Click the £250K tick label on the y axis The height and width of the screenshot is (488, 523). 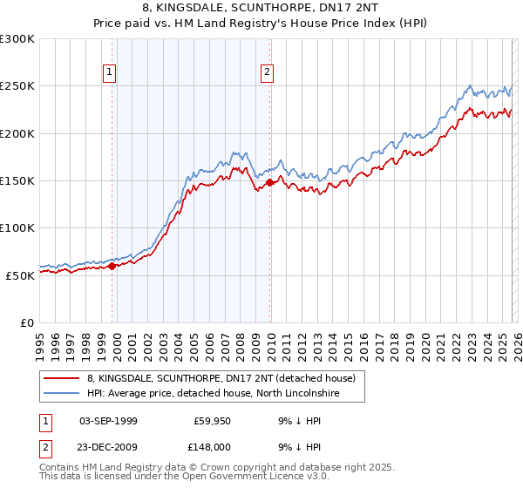17,86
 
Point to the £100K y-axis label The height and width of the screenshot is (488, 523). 17,227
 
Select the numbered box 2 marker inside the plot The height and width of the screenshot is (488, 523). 267,73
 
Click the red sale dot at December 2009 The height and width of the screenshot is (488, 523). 270,183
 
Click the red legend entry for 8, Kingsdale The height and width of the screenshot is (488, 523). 221,379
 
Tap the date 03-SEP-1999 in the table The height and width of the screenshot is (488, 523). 108,421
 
